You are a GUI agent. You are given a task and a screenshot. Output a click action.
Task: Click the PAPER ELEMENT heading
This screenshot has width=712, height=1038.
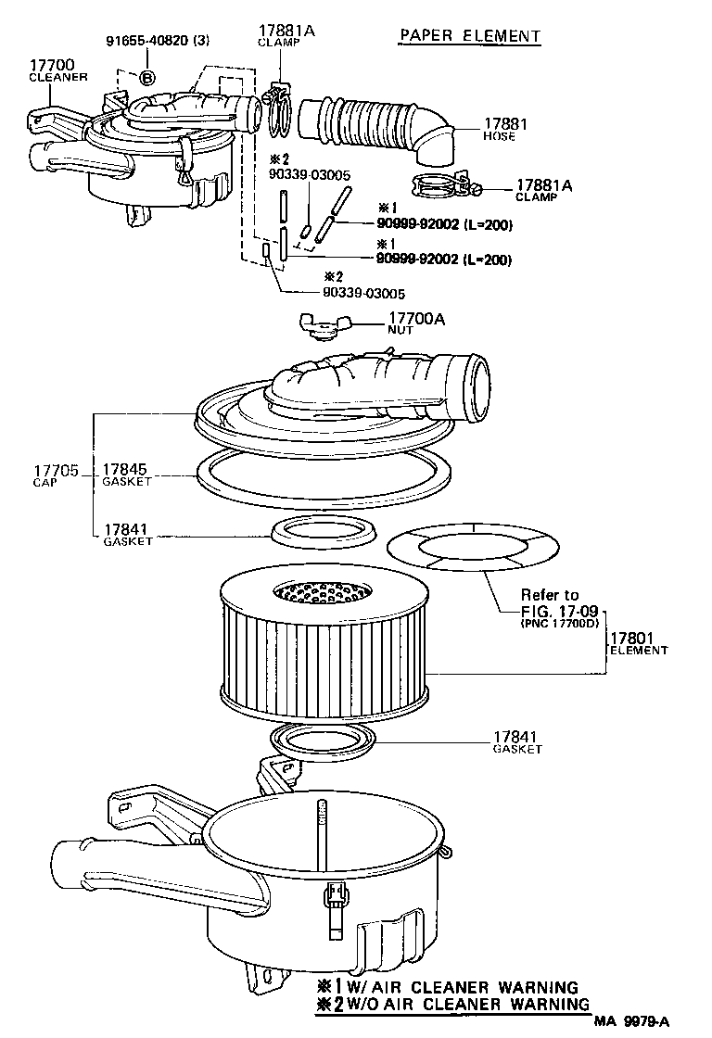469,36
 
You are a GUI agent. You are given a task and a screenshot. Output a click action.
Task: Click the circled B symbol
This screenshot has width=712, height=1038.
148,77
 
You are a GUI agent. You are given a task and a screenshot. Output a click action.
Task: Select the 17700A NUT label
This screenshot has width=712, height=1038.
416,323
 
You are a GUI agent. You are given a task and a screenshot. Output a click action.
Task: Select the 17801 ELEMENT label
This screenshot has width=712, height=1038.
637,643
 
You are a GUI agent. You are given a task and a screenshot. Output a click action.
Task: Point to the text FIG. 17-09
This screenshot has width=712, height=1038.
550,610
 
